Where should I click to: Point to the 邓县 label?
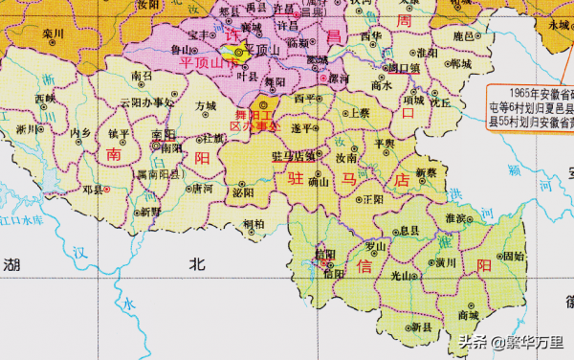click(92, 191)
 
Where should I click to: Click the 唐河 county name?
click(202, 190)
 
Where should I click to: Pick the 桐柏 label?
click(254, 224)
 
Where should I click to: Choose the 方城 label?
click(205, 106)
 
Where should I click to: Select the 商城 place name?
click(469, 314)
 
